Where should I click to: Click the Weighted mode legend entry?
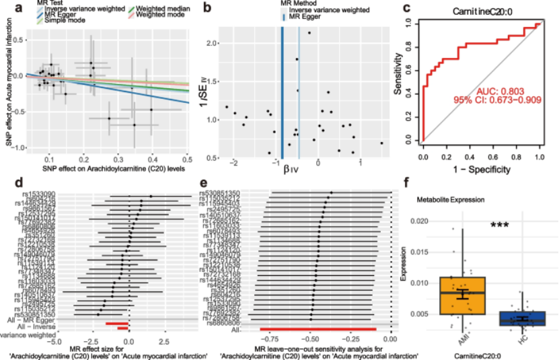tap(159, 14)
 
